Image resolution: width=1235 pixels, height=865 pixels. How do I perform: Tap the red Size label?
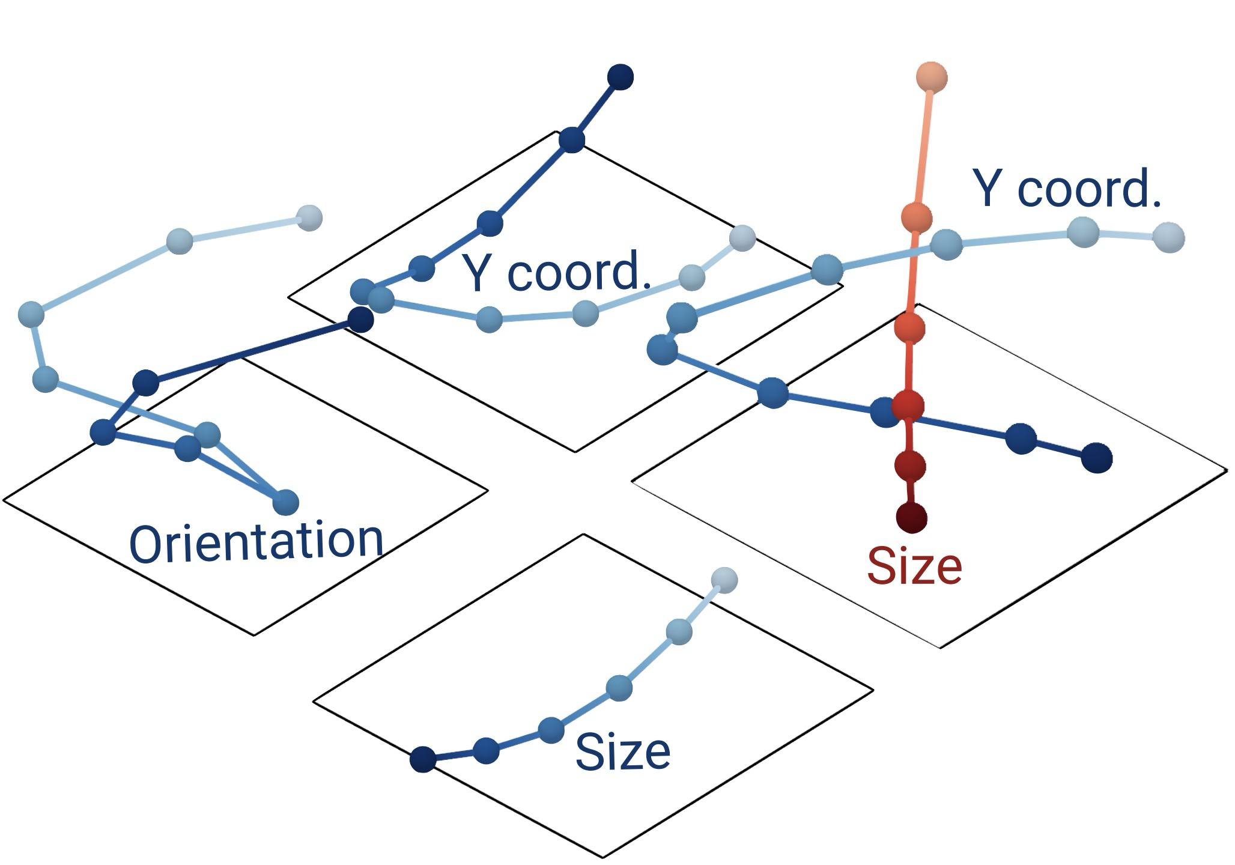(x=914, y=566)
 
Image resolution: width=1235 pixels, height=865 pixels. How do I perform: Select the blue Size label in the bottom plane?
(x=622, y=752)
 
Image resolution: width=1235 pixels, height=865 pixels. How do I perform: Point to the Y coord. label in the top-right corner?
(x=1067, y=189)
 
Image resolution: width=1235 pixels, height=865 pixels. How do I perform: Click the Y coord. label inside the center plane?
(x=556, y=272)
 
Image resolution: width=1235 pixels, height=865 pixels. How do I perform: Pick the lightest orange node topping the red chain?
(x=931, y=77)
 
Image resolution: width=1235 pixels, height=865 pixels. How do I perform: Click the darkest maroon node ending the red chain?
(x=911, y=517)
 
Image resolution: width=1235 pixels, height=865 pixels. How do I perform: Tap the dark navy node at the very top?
(x=621, y=77)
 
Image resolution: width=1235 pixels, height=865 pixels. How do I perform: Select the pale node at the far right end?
(x=1168, y=237)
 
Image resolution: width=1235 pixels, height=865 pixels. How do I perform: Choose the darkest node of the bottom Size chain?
(x=423, y=759)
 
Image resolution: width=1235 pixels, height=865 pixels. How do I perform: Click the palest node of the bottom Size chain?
(x=724, y=580)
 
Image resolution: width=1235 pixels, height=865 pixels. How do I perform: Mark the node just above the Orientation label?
(x=286, y=502)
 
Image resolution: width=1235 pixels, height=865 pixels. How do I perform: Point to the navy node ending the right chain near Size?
(x=1097, y=458)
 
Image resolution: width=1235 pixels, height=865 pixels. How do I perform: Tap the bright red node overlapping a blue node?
(x=908, y=405)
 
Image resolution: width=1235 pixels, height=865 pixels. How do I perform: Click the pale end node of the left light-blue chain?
(x=309, y=217)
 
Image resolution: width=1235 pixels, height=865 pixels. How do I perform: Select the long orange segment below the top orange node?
(x=923, y=147)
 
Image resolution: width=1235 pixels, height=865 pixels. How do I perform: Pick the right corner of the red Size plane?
(x=1227, y=469)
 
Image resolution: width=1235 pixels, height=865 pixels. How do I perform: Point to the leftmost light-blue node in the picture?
(x=31, y=314)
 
